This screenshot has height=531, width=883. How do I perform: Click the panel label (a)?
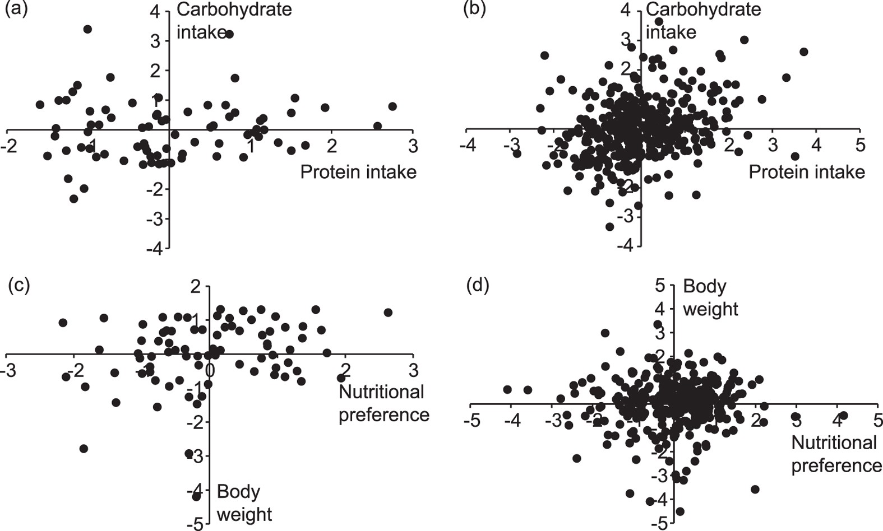tap(15, 10)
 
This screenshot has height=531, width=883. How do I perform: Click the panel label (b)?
tap(475, 10)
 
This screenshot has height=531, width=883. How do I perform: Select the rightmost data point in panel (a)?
tap(392, 106)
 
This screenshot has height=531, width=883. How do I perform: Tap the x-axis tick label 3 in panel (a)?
tap(413, 146)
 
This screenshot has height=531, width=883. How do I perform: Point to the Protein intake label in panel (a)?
tap(358, 171)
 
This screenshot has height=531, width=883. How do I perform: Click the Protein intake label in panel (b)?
tap(807, 171)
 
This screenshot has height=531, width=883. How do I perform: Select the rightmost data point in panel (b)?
tap(803, 52)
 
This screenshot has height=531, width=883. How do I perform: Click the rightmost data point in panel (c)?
tap(388, 313)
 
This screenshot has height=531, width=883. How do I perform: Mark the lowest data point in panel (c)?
tap(196, 496)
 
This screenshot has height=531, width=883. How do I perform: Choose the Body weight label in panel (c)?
tap(244, 502)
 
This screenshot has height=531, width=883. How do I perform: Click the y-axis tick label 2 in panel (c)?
tap(195, 287)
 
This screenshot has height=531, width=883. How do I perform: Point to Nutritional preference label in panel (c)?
tap(383, 403)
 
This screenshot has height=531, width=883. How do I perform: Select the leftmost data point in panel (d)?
tap(507, 389)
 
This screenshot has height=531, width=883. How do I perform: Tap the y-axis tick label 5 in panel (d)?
tap(660, 285)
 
